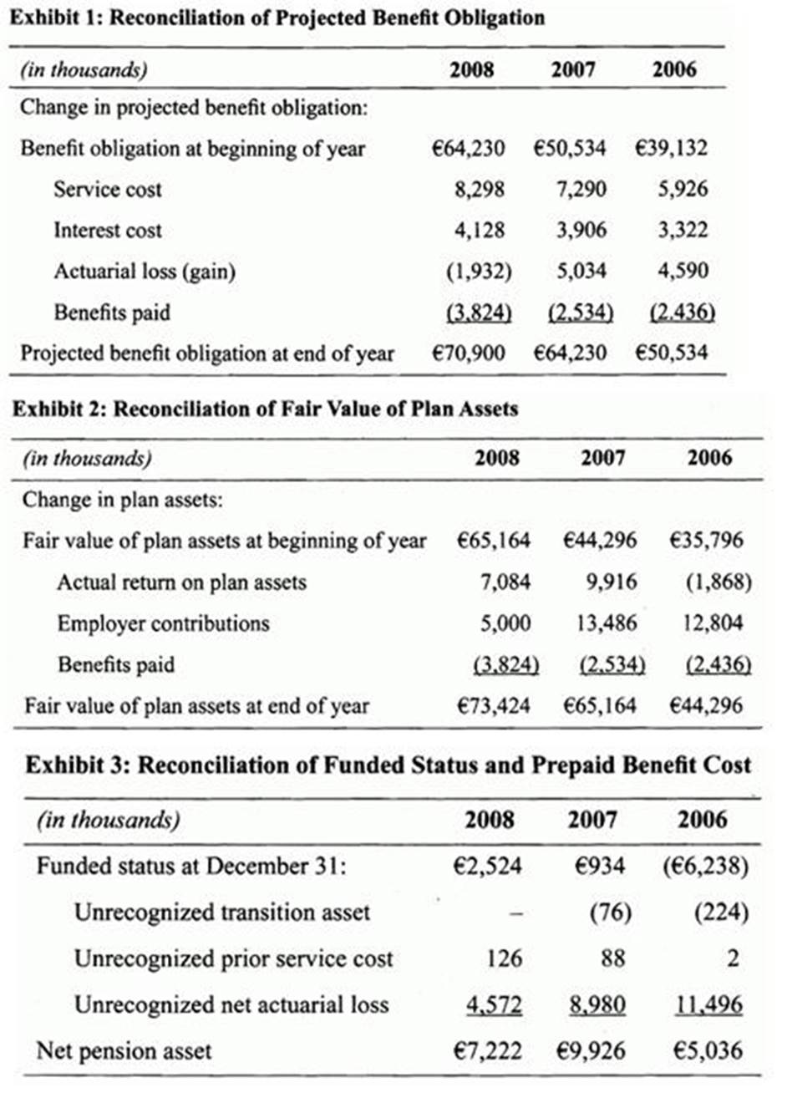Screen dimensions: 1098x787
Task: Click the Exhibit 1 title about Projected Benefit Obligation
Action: click(x=276, y=18)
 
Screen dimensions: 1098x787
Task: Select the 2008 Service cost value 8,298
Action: click(x=480, y=190)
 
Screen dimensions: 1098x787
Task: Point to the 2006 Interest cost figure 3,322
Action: click(x=682, y=231)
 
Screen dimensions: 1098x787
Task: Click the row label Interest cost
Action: click(x=108, y=231)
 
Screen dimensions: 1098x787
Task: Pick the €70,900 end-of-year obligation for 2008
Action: click(x=469, y=353)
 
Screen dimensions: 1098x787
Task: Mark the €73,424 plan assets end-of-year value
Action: click(x=493, y=706)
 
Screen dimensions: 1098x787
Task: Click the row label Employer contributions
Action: click(x=163, y=623)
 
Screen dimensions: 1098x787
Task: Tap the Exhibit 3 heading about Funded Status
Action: click(x=388, y=765)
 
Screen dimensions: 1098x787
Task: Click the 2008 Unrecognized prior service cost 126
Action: click(x=504, y=958)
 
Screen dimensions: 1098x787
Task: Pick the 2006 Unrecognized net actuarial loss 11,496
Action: click(x=708, y=1004)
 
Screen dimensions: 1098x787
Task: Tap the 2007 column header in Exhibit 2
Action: click(x=602, y=459)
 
